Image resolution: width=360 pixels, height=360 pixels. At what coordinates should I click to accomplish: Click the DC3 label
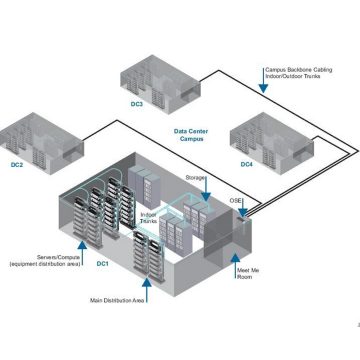[137, 104]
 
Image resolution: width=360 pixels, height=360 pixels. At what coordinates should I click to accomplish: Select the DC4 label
[247, 164]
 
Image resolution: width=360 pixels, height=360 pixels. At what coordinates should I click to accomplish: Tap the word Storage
[196, 177]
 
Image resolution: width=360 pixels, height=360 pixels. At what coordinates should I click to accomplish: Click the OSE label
[237, 200]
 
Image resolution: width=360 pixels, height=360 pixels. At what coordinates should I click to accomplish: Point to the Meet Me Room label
[248, 275]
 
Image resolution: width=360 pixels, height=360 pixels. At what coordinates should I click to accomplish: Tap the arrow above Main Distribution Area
[144, 282]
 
